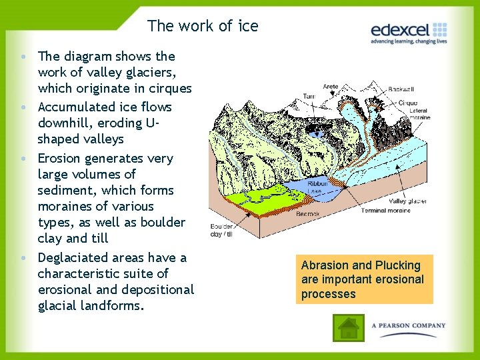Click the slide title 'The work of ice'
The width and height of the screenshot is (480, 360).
click(x=203, y=26)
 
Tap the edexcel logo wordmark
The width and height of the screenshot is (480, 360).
click(x=401, y=30)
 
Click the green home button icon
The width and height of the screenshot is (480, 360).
click(x=348, y=327)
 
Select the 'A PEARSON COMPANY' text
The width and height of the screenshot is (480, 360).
click(x=409, y=325)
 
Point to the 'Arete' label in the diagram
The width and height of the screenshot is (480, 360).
click(x=330, y=87)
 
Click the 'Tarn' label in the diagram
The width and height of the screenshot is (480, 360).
click(x=309, y=96)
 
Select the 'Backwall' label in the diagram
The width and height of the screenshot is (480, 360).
click(x=400, y=89)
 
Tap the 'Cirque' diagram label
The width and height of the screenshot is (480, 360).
click(x=408, y=103)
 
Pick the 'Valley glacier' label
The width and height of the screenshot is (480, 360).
click(x=408, y=200)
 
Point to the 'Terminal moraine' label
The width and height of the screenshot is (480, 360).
click(x=386, y=211)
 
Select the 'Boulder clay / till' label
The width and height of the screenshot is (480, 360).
click(x=221, y=230)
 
